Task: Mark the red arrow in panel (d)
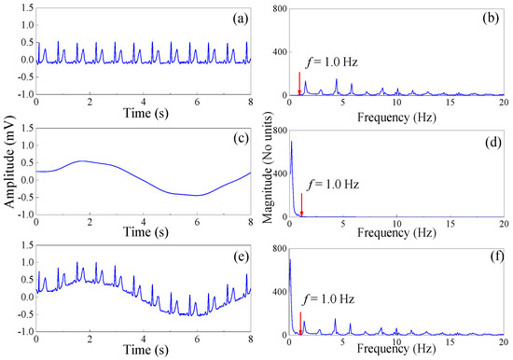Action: [301, 201]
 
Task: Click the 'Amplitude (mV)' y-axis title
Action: [8, 179]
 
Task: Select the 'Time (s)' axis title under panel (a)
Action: [143, 114]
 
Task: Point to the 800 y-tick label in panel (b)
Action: [275, 7]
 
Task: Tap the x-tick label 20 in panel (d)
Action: [503, 224]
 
